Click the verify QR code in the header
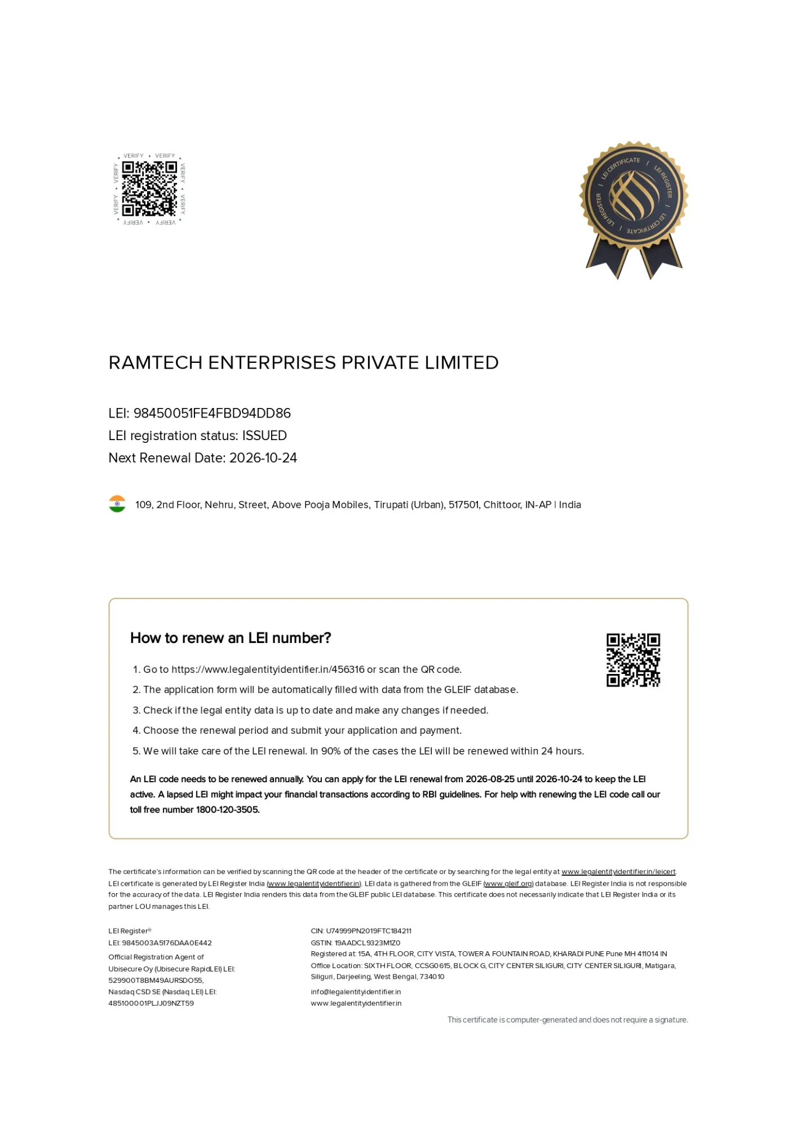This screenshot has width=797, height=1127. [149, 189]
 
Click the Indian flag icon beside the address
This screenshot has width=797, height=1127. [117, 504]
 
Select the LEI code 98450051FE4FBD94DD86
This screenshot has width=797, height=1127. [212, 413]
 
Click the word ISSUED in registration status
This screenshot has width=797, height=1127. [264, 436]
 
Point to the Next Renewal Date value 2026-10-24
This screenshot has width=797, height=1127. [263, 458]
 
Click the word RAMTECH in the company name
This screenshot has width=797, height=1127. [155, 362]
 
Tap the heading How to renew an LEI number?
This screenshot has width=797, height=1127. [231, 638]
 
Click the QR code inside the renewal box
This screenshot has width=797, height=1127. [633, 660]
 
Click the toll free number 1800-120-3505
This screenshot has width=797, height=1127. [228, 810]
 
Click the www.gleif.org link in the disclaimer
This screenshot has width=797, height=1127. [508, 884]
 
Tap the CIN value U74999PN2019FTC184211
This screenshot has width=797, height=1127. [369, 931]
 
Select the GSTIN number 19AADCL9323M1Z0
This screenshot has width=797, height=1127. [367, 943]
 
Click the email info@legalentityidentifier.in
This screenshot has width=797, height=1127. [356, 992]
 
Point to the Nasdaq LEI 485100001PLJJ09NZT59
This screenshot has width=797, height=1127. [151, 1003]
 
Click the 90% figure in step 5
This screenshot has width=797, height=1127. [331, 751]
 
